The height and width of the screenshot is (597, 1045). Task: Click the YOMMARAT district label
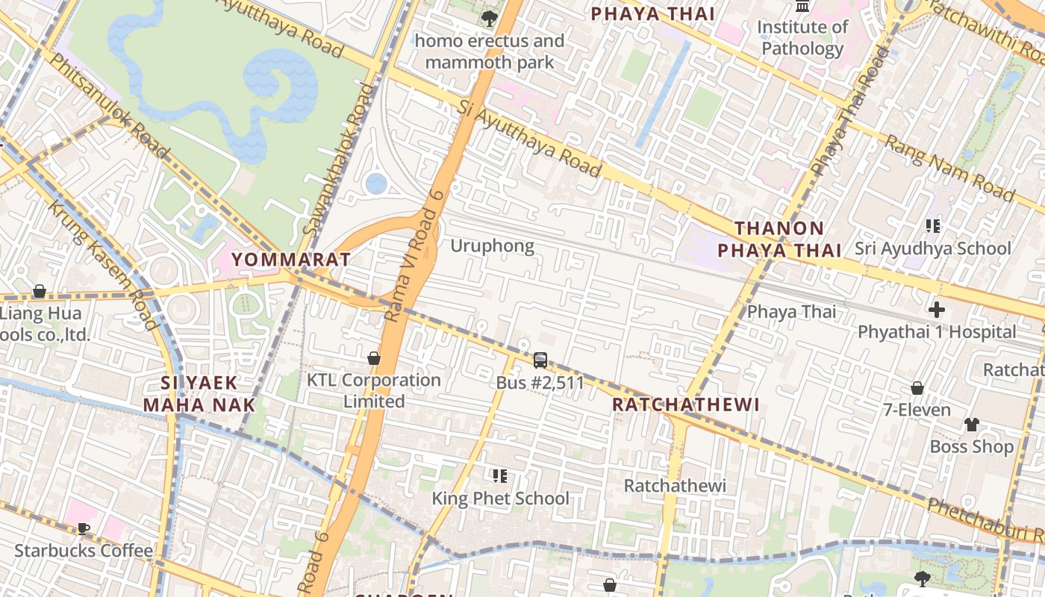coord(291,260)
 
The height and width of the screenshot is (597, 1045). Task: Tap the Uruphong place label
coord(492,246)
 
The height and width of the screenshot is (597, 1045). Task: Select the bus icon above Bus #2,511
coord(540,360)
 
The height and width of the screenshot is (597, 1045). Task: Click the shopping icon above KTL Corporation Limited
coord(374,359)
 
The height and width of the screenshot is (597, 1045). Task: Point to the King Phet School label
coord(501,498)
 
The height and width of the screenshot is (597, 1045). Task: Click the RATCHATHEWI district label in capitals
coord(685,404)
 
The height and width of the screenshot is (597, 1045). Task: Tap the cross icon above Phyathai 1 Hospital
coord(937,310)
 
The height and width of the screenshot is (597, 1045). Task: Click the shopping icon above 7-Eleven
coord(917,388)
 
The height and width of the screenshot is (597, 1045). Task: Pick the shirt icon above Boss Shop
coord(971,425)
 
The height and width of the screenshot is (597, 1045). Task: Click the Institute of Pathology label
coord(802,38)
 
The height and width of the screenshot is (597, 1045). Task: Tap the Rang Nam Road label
coord(949,169)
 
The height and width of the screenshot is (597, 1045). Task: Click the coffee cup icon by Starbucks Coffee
coord(84,529)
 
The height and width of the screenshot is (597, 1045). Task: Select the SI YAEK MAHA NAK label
coord(199,395)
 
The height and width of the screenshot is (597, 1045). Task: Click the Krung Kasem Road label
coord(103,264)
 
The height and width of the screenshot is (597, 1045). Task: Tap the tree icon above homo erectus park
coord(490,18)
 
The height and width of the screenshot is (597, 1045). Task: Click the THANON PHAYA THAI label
coord(779,239)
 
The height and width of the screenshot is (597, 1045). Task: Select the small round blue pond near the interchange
coord(376,183)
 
